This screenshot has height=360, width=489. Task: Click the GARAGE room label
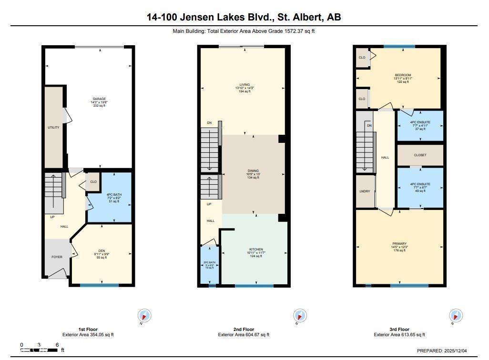99,99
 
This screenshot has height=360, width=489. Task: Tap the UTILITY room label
53,128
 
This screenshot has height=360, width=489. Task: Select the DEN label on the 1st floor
102,251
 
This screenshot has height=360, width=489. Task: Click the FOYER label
57,257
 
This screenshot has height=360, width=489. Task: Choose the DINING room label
253,171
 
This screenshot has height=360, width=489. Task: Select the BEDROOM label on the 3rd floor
403,75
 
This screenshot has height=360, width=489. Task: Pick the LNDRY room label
365,191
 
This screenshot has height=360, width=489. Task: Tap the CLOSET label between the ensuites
420,155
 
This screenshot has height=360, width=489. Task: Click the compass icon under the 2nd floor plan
300,315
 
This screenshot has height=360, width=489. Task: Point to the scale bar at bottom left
40,350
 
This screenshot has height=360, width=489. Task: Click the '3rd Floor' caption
399,329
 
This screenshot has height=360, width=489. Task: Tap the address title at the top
244,18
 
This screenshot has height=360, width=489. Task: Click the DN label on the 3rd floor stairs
369,125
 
